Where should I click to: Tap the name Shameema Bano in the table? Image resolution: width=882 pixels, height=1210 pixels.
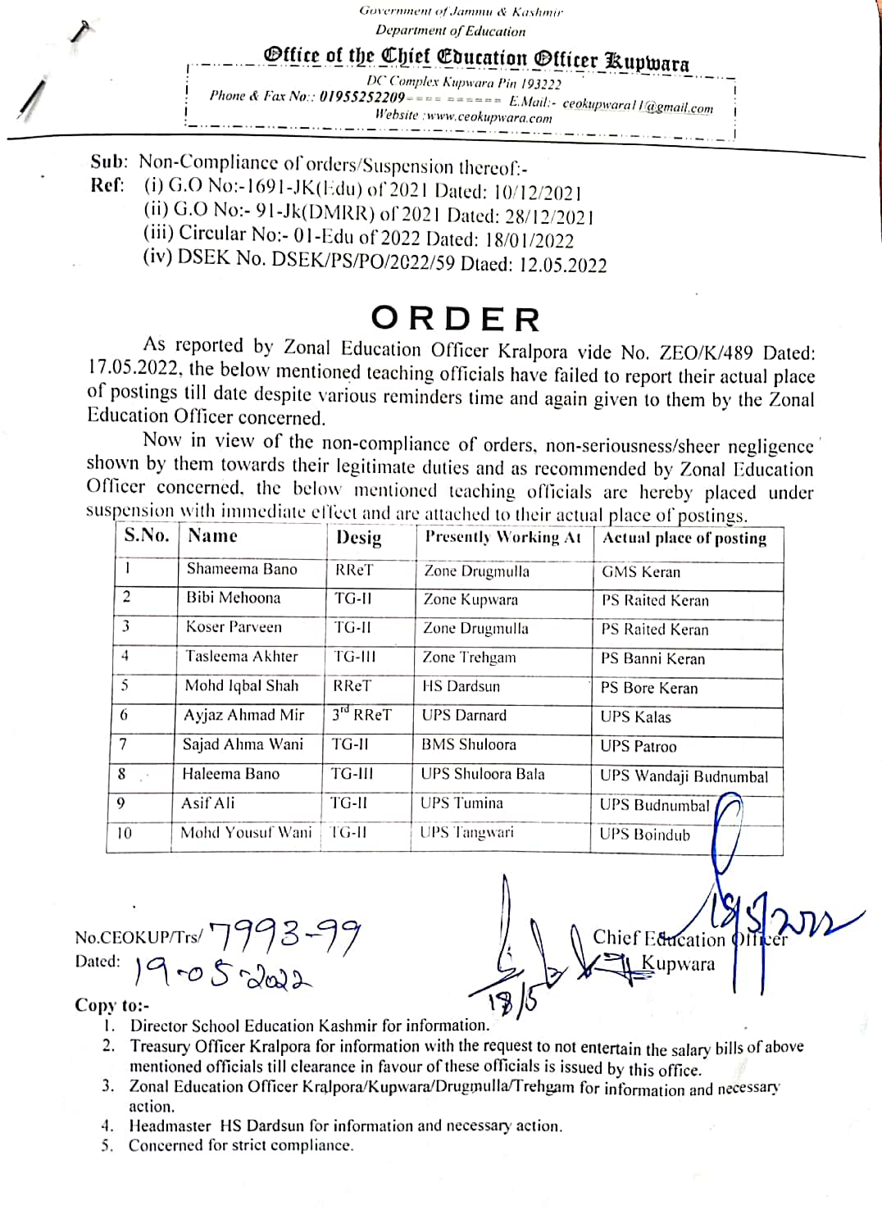pyautogui.click(x=242, y=569)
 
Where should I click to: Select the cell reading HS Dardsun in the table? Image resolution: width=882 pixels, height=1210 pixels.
pyautogui.click(x=461, y=686)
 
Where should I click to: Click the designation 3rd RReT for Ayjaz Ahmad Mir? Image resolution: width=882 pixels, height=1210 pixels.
pyautogui.click(x=361, y=715)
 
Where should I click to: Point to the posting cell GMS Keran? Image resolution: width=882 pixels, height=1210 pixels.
pyautogui.click(x=641, y=572)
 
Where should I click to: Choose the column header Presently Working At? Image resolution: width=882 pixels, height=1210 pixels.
pyautogui.click(x=502, y=537)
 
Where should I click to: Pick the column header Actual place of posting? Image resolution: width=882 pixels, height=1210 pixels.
pyautogui.click(x=684, y=539)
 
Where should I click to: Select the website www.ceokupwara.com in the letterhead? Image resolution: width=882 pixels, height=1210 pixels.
pyautogui.click(x=489, y=117)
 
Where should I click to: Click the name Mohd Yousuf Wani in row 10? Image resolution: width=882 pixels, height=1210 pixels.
pyautogui.click(x=246, y=833)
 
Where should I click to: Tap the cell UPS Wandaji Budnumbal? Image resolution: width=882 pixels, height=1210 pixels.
pyautogui.click(x=684, y=776)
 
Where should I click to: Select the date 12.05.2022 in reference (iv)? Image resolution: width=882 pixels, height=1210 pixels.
pyautogui.click(x=563, y=265)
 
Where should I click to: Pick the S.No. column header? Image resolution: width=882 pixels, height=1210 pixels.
pyautogui.click(x=146, y=535)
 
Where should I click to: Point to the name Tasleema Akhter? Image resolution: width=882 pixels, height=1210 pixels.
pyautogui.click(x=242, y=657)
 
